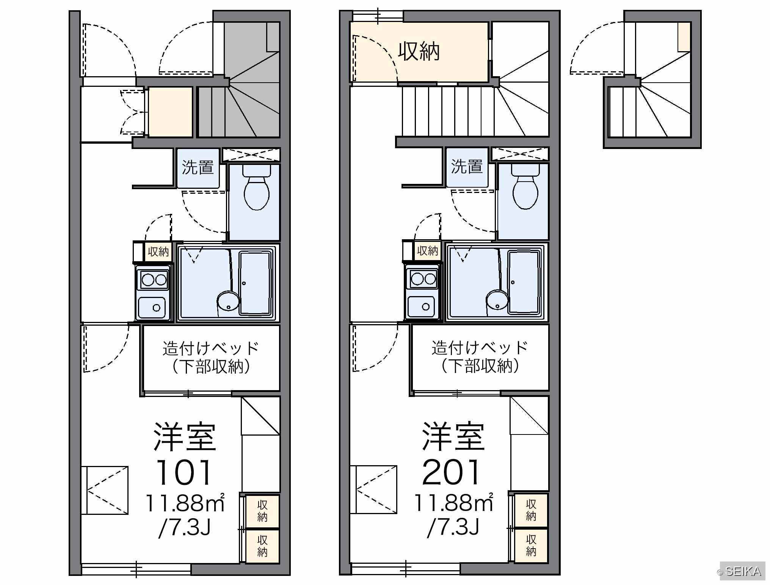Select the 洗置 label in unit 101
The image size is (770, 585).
198,167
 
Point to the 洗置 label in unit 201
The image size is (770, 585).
467,166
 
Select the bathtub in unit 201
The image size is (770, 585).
524,282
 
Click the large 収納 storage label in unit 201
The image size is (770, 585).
419,52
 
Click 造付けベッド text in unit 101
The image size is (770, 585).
211,348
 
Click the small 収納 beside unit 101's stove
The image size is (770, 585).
158,251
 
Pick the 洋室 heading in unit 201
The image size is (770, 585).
453,436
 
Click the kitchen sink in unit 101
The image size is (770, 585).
152,306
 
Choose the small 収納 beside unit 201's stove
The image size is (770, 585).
427,251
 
